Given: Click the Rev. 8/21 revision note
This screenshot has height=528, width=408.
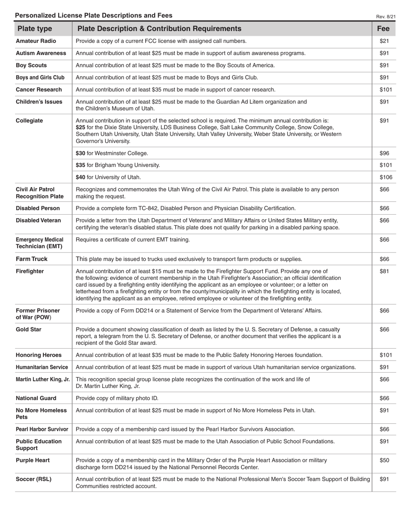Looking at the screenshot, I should point(386,16).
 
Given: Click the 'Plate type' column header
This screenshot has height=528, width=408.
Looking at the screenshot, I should point(35,29).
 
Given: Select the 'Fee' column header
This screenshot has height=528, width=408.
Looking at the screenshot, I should point(383,29).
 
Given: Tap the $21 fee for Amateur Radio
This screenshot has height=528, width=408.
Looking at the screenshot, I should point(384,41).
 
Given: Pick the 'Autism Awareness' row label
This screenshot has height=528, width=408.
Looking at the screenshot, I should point(41,53).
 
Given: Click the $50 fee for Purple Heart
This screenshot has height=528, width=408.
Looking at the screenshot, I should point(384,460).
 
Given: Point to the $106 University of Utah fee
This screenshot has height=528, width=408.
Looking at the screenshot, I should point(385,177).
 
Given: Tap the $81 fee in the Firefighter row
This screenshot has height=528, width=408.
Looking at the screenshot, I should point(384,271).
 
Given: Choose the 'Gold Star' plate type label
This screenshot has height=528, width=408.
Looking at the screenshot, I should point(29,330).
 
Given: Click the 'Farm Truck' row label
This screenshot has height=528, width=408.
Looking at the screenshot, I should point(31,259).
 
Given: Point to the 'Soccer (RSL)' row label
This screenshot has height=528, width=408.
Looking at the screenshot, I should point(33,479).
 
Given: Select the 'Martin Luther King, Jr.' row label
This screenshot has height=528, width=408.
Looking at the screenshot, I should point(43,379).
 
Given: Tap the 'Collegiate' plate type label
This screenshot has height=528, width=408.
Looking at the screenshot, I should point(29,121).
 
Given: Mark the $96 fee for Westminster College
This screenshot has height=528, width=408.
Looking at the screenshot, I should point(384,153).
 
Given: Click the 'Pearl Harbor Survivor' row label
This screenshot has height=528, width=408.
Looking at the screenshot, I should point(42,429).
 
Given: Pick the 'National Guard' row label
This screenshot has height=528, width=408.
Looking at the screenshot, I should point(36,398).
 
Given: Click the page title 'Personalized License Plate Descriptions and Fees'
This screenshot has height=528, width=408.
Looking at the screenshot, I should point(94,15).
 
